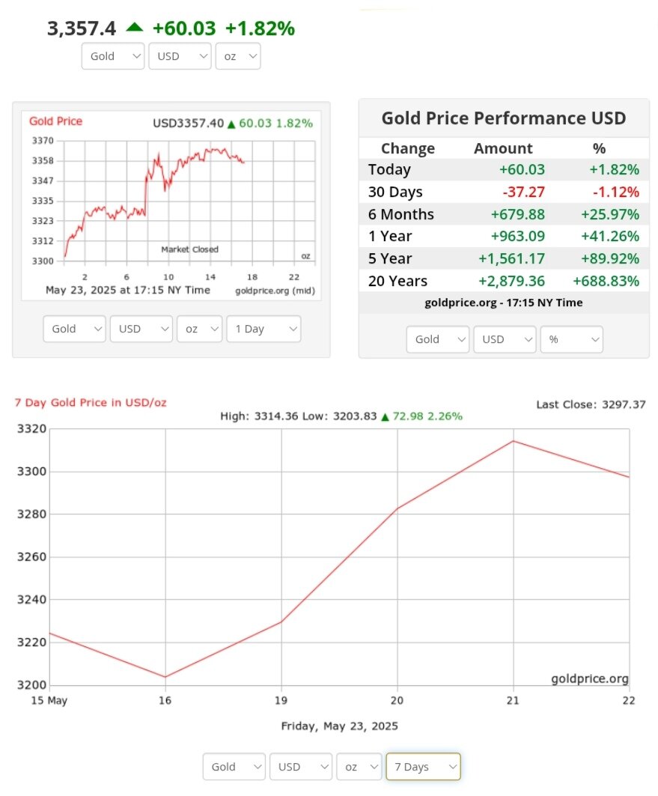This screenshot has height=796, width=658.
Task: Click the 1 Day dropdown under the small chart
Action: (x=263, y=329)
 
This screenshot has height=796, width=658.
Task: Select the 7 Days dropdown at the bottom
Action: (x=422, y=767)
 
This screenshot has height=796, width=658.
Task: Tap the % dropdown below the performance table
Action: (x=571, y=339)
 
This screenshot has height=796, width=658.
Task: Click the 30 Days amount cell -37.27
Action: (x=523, y=192)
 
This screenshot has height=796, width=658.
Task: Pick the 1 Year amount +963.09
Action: (x=518, y=237)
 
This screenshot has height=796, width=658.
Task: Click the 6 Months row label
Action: (x=400, y=214)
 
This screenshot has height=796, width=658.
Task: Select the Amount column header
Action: (x=503, y=148)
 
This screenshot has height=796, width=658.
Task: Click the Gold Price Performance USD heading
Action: (x=504, y=118)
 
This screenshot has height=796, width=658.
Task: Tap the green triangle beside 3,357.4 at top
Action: (x=134, y=27)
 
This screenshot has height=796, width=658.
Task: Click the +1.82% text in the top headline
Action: (x=260, y=28)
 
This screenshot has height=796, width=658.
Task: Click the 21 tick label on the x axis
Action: (x=513, y=700)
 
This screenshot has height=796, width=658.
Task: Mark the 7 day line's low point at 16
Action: (x=165, y=677)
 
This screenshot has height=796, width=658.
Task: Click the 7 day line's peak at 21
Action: (x=513, y=440)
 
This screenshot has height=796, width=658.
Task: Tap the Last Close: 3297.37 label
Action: (x=591, y=404)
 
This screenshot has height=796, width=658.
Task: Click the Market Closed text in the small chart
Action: (x=190, y=249)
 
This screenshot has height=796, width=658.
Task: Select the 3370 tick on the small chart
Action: (x=43, y=141)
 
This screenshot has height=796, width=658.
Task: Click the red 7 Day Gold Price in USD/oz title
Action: (x=91, y=403)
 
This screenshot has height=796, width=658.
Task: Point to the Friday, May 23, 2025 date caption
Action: (x=339, y=726)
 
